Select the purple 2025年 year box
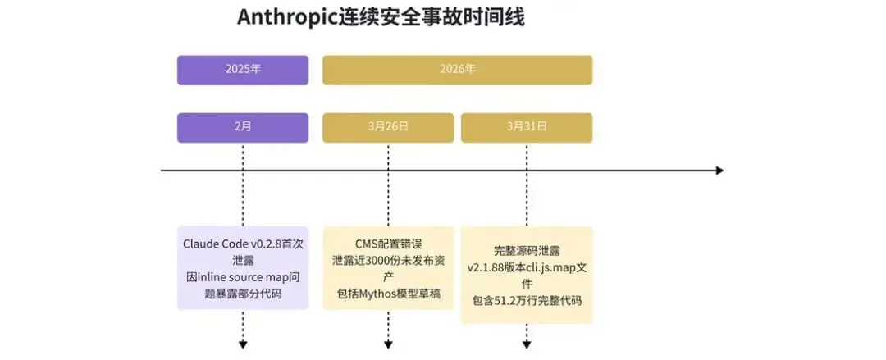coord(243,70)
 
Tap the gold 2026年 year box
coord(457,70)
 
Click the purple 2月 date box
coord(243,127)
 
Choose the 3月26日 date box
coord(387,127)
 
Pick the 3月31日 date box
coord(526,127)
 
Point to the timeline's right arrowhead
coord(719,171)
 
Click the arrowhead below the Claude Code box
coord(243,341)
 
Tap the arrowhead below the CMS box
coord(387,341)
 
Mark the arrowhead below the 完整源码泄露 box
coord(526,341)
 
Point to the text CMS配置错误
coord(388,244)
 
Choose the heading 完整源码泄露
coord(526,250)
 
